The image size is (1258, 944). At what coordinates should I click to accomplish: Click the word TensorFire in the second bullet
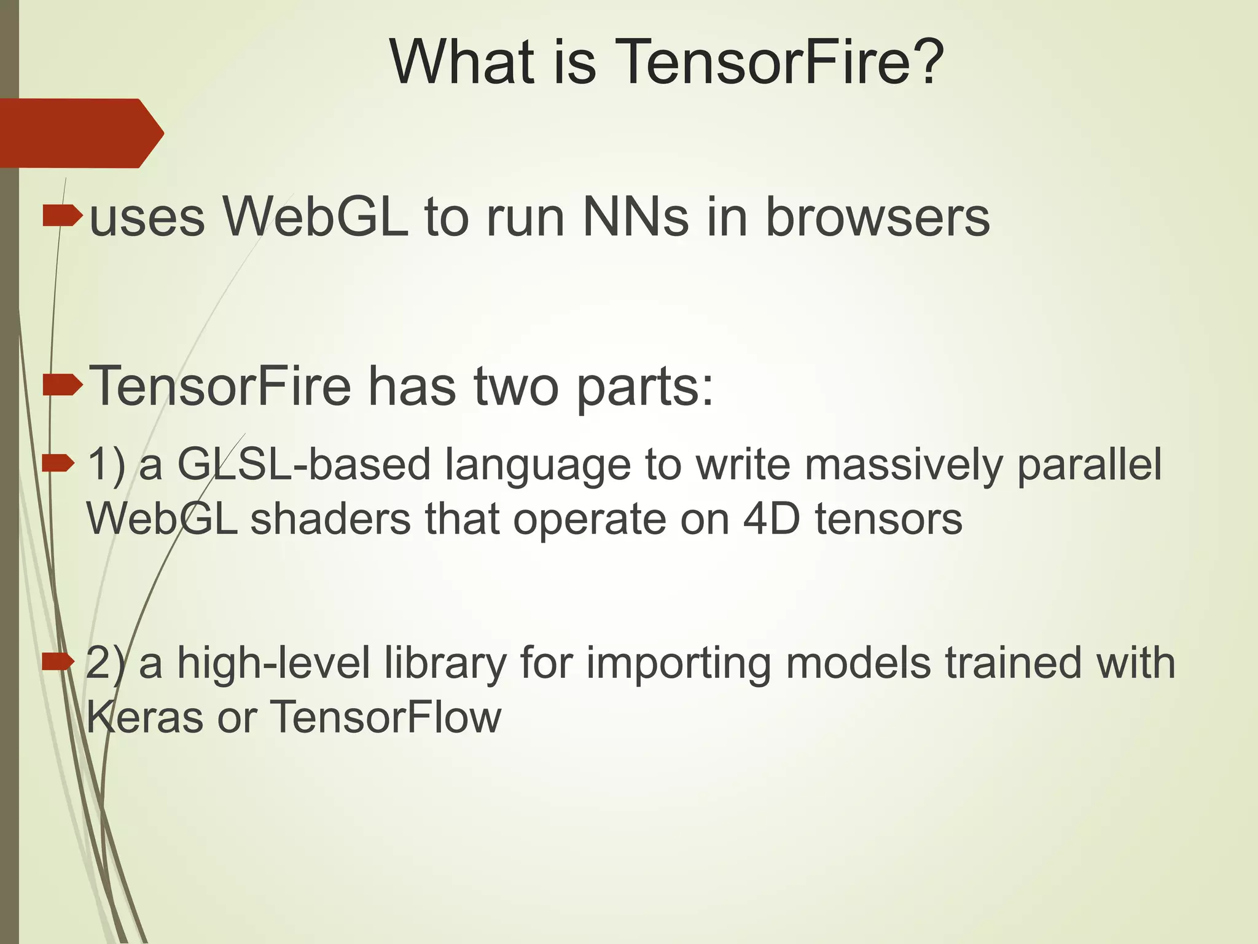click(221, 387)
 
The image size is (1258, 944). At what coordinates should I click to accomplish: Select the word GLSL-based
click(304, 465)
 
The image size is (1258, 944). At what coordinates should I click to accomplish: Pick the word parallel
click(1089, 465)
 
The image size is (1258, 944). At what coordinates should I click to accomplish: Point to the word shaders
click(330, 519)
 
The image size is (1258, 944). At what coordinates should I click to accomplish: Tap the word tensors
click(888, 519)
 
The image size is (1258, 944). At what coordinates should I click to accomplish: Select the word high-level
click(273, 663)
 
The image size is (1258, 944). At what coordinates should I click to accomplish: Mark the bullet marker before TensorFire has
click(62, 385)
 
